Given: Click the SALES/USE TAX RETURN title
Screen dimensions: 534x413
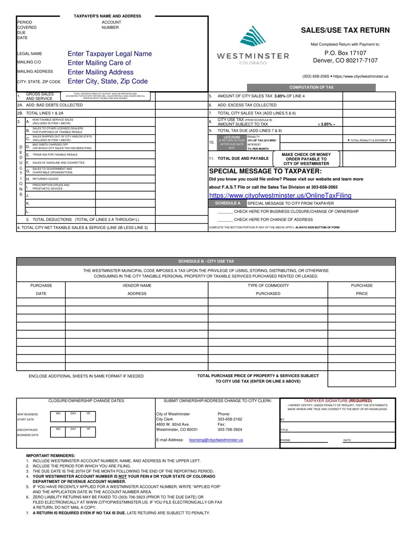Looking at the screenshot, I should coord(345,30).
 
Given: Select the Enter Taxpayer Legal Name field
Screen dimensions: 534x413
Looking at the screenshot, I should coord(110,54).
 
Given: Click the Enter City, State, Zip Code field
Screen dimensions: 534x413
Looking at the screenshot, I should coord(107,81).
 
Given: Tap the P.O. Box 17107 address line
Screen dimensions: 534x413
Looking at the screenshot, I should coord(345,53).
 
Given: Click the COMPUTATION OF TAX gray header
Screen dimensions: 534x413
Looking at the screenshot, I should coord(311,87).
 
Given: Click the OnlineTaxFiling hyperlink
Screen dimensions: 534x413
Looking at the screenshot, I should coord(280,196).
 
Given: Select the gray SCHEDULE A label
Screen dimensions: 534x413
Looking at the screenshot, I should coord(227,203).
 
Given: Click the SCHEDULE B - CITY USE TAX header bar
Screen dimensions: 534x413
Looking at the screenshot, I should coord(206,261).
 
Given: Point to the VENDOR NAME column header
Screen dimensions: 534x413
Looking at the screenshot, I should coord(137,285).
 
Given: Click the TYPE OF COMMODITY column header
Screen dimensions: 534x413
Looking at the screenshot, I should coord(268,285).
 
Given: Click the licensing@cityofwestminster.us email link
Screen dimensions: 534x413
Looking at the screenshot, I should coord(216,440).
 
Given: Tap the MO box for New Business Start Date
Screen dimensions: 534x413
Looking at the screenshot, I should coord(58,416).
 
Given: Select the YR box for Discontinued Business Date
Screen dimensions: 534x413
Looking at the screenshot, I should coord(88,432).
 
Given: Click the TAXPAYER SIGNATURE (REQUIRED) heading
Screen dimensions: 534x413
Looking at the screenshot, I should coord(337,401).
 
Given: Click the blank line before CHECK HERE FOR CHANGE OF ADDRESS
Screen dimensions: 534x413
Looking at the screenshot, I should coord(225,220).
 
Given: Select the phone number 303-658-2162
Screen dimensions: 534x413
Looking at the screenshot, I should coord(230,419).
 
